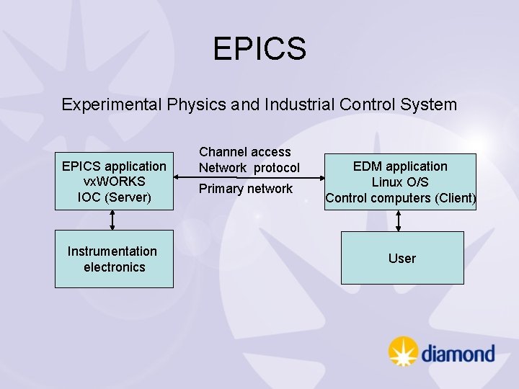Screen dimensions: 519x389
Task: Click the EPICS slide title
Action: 259,49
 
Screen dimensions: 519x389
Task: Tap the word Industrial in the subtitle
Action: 298,104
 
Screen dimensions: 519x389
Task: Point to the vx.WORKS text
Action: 114,182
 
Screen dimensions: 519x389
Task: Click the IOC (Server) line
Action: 114,197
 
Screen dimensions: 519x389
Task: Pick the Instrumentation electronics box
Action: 114,259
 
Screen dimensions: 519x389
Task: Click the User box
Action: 402,258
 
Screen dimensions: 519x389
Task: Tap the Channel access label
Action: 244,152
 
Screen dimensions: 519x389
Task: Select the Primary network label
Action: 246,189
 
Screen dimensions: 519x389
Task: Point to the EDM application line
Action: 400,166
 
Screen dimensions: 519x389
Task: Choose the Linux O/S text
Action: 400,182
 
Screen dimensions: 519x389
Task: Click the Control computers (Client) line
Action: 400,198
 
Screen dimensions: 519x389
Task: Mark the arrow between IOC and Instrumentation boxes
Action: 112,220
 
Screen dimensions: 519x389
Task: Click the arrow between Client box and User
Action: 398,220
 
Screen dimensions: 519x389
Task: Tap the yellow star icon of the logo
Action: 403,352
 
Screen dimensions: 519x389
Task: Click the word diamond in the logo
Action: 458,354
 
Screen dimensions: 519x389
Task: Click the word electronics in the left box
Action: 114,267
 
